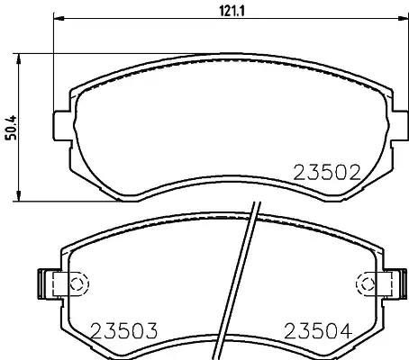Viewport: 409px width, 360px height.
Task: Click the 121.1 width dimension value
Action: (x=232, y=12)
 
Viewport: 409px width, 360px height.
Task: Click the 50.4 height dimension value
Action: (x=12, y=128)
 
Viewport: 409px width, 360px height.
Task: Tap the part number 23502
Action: (x=327, y=173)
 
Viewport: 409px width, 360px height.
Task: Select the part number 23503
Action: (x=123, y=331)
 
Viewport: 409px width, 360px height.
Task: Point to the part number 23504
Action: (x=318, y=331)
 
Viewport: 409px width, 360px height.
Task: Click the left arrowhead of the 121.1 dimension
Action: (x=59, y=18)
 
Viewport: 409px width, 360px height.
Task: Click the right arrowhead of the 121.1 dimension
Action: (x=403, y=18)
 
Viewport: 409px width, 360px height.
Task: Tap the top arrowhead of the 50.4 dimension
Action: (x=19, y=59)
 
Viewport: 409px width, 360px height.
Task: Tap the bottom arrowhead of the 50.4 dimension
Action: (x=19, y=196)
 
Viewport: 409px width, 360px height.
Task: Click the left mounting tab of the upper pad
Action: (x=61, y=126)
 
